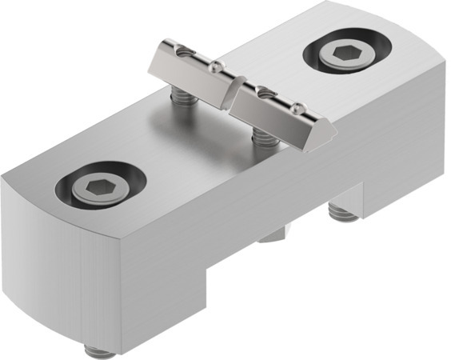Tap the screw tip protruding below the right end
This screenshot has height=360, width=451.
[342, 212]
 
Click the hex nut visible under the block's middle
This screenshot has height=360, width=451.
[274, 234]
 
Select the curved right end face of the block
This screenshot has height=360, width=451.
[432, 120]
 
